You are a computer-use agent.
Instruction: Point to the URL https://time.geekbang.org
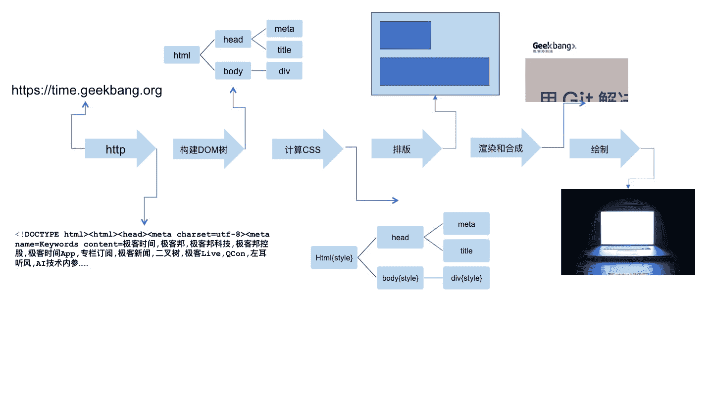pyautogui.click(x=87, y=90)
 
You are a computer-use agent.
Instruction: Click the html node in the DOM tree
pyautogui.click(x=182, y=55)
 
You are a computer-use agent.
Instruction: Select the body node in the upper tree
pyautogui.click(x=233, y=71)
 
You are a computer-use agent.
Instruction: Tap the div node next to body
pyautogui.click(x=284, y=71)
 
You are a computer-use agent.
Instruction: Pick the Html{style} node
pyautogui.click(x=334, y=257)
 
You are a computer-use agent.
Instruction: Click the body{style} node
pyautogui.click(x=400, y=278)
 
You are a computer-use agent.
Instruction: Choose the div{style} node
pyautogui.click(x=466, y=278)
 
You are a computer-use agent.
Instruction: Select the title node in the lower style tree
pyautogui.click(x=466, y=251)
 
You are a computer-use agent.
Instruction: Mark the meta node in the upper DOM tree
pyautogui.click(x=284, y=29)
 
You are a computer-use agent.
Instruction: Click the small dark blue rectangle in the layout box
pyautogui.click(x=405, y=35)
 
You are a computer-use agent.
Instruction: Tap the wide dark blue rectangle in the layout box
pyautogui.click(x=434, y=71)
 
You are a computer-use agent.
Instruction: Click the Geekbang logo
pyautogui.click(x=554, y=47)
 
